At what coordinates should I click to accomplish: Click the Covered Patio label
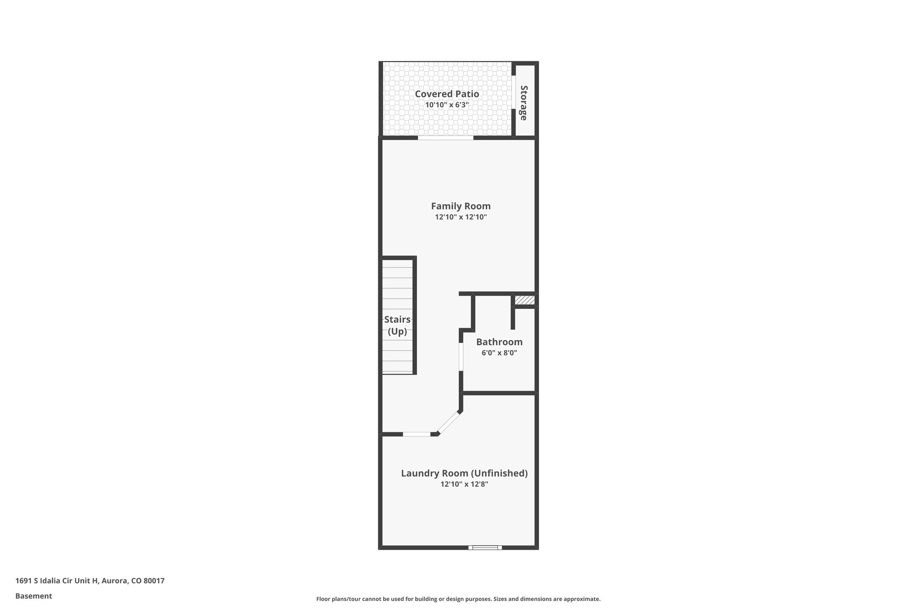tap(446, 94)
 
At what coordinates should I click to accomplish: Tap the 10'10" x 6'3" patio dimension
tap(446, 105)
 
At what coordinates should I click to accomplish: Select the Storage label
tap(523, 103)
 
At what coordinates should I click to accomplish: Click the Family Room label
tap(461, 206)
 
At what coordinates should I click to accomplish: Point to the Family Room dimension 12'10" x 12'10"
tap(461, 217)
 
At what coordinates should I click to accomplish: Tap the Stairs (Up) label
tap(397, 325)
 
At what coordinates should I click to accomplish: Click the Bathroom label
tap(499, 342)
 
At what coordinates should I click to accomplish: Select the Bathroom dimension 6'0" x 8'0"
tap(499, 353)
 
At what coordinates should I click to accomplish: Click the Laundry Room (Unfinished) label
tap(464, 473)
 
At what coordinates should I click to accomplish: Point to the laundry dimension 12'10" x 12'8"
tap(464, 484)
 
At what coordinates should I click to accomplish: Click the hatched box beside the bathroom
tap(524, 300)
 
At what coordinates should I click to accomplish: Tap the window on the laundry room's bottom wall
tap(485, 547)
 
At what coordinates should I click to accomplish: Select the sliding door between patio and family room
tap(446, 138)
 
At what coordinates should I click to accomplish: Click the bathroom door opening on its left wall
tap(461, 357)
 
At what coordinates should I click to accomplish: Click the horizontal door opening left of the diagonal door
tap(416, 434)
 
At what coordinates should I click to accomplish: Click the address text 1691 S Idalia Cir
tap(90, 581)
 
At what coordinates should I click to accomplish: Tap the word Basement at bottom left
tap(34, 596)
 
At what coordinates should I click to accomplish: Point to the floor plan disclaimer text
tap(458, 599)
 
